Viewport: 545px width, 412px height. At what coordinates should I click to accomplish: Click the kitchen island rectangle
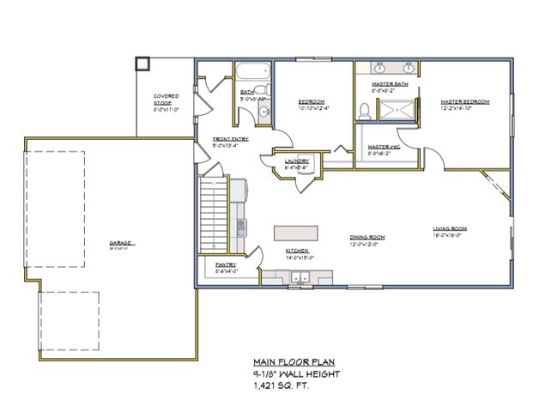[296, 233]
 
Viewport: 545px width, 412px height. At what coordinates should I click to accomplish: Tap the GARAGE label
[119, 242]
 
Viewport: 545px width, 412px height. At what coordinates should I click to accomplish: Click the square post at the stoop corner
[142, 64]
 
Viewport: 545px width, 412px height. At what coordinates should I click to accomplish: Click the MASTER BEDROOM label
[464, 101]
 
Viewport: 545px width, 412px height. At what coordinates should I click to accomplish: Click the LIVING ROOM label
[449, 228]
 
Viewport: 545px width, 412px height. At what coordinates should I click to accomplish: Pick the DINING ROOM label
[366, 237]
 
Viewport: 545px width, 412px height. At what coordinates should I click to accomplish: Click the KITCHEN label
[297, 251]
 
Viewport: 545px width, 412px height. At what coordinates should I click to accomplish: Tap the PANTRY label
[226, 265]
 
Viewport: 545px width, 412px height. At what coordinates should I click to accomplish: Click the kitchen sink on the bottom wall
[300, 277]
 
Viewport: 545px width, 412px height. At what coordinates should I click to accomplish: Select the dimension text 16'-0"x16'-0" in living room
[449, 235]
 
